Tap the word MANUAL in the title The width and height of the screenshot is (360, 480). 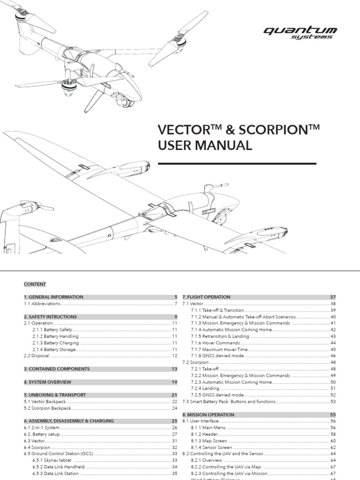tap(221, 146)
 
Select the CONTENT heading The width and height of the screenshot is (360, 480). tap(35, 284)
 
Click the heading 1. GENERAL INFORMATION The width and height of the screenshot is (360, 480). tap(53, 297)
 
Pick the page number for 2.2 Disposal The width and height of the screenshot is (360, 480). tap(175, 356)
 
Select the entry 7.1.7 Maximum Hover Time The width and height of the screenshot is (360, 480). tap(221, 349)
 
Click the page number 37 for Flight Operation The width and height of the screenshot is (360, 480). tap(333, 297)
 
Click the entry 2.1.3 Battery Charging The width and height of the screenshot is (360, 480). tap(56, 343)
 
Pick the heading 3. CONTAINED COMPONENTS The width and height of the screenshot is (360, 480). tap(57, 369)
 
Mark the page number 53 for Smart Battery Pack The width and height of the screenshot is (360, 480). tap(333, 402)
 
